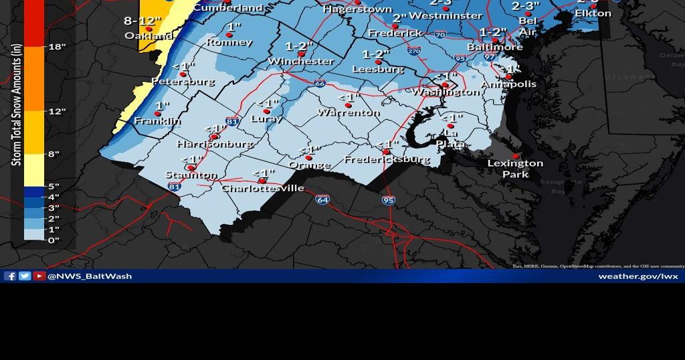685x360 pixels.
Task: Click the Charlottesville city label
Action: tap(263, 188)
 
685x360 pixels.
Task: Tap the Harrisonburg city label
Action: tap(215, 144)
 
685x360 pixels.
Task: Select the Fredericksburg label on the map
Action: tap(387, 159)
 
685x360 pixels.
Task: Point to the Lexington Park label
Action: tap(515, 169)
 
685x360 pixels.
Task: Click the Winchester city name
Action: tap(300, 61)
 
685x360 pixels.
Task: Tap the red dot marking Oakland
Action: tap(149, 29)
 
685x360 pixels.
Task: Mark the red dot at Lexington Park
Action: tap(516, 156)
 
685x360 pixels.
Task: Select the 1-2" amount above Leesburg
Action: tap(375, 54)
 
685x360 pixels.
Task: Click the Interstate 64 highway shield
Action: tap(322, 199)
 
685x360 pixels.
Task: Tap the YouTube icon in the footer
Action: tap(39, 276)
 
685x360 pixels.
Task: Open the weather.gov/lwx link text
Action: tap(638, 276)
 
